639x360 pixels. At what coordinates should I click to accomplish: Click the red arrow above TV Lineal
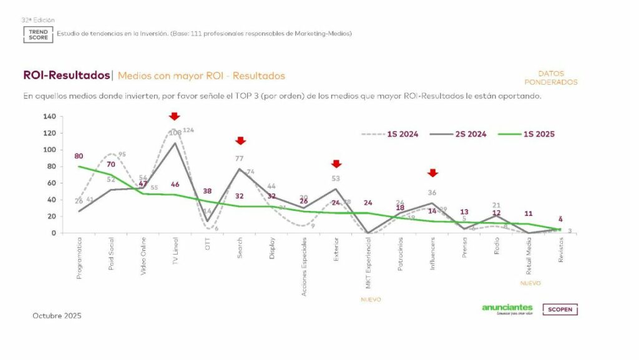(175, 116)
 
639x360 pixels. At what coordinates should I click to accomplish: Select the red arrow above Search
(240, 140)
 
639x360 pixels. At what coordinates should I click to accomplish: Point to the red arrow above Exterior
(336, 163)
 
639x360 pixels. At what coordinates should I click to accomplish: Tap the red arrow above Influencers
(432, 173)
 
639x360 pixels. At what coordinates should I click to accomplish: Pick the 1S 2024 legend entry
(391, 134)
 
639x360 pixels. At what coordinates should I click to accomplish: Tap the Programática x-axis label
(79, 257)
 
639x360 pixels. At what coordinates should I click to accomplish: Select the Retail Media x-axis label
(529, 256)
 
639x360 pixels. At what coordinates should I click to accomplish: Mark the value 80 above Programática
(79, 156)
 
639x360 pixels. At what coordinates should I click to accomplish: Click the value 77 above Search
(240, 158)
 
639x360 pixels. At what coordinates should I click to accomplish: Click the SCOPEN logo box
(560, 309)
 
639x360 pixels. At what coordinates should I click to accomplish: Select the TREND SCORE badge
(38, 34)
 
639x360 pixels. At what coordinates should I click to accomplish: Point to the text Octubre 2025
(57, 316)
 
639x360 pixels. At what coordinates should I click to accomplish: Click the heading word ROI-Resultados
(66, 75)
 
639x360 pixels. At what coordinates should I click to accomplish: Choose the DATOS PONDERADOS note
(550, 78)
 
